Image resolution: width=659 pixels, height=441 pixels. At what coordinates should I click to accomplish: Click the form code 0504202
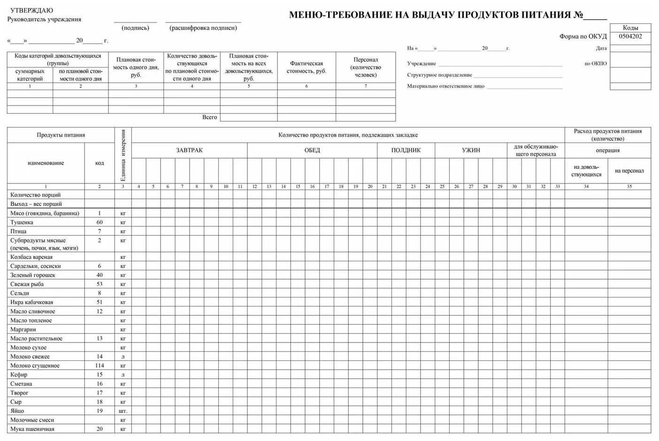click(630, 37)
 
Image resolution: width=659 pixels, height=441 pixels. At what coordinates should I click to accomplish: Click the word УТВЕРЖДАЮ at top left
click(31, 10)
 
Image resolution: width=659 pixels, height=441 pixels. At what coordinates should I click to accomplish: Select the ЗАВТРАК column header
click(189, 150)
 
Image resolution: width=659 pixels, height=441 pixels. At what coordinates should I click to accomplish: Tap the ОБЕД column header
click(312, 150)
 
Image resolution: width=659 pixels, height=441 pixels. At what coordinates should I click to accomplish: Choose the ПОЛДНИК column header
click(406, 150)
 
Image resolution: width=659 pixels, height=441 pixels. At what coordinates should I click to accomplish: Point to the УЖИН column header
click(471, 150)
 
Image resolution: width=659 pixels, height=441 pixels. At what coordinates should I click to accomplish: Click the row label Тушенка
click(22, 222)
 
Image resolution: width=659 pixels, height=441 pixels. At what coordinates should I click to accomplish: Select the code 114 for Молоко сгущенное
click(100, 365)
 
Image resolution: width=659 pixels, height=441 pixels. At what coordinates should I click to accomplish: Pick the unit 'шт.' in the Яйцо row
click(123, 411)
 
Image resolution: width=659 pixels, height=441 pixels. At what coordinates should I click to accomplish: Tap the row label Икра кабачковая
click(31, 303)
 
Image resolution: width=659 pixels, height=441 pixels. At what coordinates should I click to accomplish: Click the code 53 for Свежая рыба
click(100, 284)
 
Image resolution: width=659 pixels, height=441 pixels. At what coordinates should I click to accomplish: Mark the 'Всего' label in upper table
click(209, 117)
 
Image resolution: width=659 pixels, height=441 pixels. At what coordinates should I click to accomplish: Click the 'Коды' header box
click(630, 28)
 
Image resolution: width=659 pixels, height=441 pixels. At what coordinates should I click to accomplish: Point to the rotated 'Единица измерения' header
click(123, 155)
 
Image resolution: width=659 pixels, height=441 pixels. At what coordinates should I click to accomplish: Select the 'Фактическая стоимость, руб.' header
click(307, 67)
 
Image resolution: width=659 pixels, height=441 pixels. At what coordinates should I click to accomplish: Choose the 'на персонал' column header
click(629, 171)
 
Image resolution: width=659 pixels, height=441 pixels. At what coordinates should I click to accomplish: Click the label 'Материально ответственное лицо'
click(445, 86)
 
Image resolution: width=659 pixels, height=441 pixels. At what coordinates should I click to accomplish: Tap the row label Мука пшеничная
click(32, 429)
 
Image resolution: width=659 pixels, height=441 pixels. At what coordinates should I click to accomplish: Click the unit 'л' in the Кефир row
click(123, 375)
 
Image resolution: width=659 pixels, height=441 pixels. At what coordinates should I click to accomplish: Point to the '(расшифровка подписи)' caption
click(203, 28)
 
